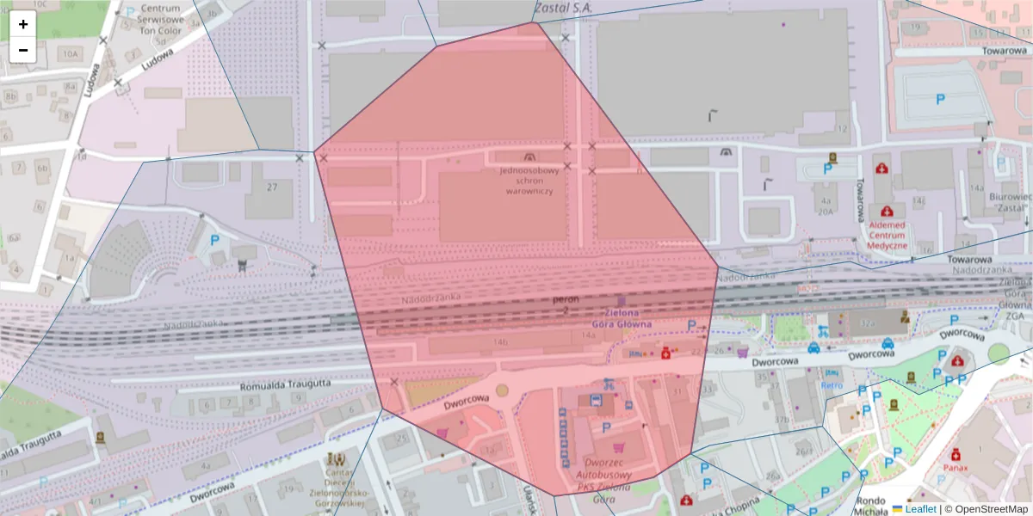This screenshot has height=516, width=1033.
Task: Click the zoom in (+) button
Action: pos(23,24)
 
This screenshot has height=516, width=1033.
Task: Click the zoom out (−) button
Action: pos(23,49)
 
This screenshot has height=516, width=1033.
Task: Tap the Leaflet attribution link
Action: pos(920,509)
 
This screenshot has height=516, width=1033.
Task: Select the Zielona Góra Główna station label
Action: pos(622,318)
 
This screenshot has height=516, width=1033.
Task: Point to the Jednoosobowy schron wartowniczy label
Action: pos(529,180)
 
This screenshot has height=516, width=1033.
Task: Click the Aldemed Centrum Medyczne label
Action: pos(887,235)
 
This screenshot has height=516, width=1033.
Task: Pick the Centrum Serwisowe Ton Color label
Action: pos(160,19)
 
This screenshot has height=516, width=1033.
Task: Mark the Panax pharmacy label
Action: pos(955,468)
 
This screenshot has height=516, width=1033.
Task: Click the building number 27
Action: pos(273,187)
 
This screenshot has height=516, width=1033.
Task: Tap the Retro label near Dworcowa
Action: pos(832,385)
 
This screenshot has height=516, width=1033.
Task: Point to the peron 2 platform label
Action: pos(566,304)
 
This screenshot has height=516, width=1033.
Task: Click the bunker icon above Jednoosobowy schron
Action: pos(529,157)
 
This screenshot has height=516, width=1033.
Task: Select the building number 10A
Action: pos(68,54)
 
